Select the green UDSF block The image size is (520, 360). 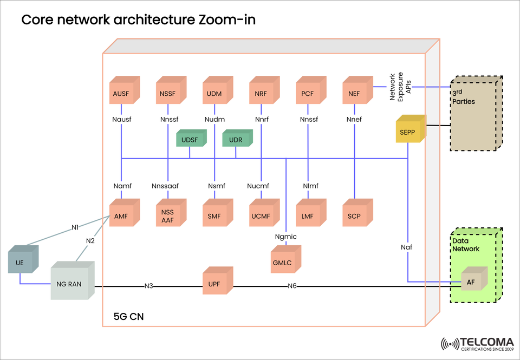coord(190,140)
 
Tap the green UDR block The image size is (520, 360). coord(237,140)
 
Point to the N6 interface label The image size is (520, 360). coord(292,286)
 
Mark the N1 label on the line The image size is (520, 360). coord(75,227)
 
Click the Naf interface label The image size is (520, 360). coord(407,247)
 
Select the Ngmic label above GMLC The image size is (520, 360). coord(285,236)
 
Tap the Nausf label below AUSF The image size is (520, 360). coord(122,120)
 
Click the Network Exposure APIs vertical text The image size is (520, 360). coord(401,86)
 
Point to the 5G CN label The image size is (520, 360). coord(128,316)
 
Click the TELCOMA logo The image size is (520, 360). coord(477,343)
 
